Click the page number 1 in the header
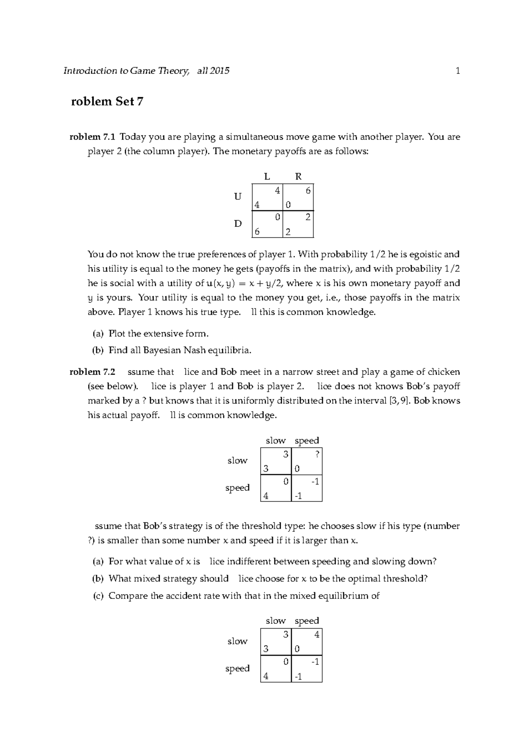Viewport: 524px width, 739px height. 458,71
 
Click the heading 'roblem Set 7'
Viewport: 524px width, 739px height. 107,102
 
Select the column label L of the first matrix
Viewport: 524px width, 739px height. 267,176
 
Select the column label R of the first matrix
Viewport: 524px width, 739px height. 298,176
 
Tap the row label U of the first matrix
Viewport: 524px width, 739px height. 238,197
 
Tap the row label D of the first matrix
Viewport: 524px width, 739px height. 238,224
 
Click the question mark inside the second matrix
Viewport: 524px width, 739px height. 317,454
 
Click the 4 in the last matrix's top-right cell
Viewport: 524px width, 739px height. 317,635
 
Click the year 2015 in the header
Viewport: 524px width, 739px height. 219,71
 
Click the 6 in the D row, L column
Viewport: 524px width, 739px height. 257,232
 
